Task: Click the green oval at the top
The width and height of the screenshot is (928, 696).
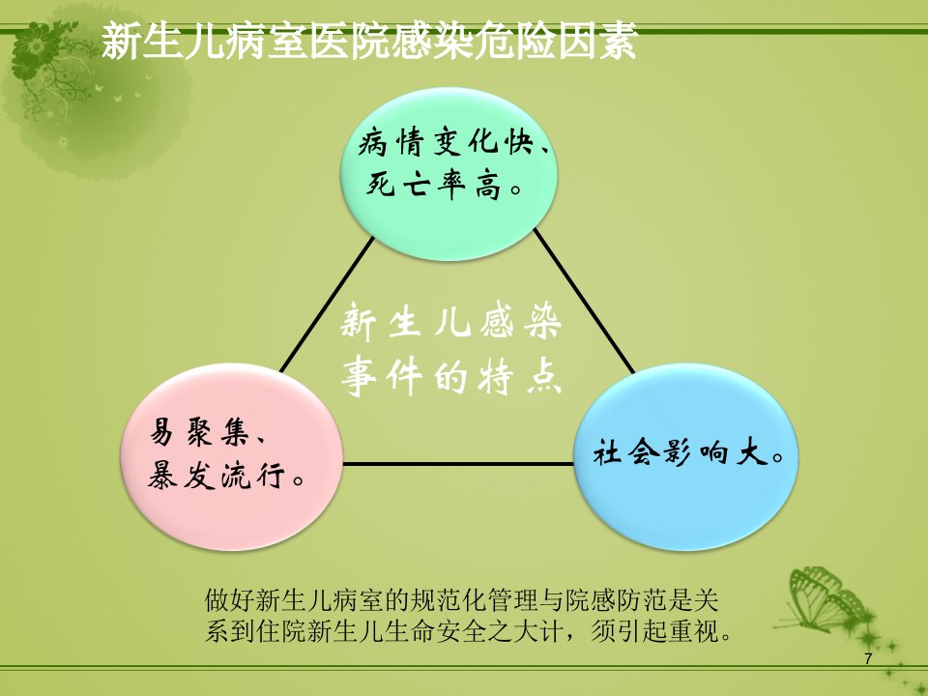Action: pyautogui.click(x=449, y=174)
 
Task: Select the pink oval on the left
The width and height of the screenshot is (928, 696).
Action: pyautogui.click(x=231, y=457)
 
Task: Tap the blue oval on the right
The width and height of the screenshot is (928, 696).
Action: pyautogui.click(x=686, y=457)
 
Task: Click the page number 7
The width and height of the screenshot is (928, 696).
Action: pyautogui.click(x=868, y=658)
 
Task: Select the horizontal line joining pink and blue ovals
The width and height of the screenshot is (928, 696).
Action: pyautogui.click(x=458, y=464)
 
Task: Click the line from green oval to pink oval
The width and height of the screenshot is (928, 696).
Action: pyautogui.click(x=328, y=304)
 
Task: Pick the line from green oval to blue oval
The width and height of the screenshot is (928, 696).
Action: pyautogui.click(x=584, y=302)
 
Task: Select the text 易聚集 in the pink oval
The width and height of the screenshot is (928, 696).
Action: pyautogui.click(x=199, y=431)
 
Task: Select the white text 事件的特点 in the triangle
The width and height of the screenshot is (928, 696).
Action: pyautogui.click(x=451, y=376)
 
